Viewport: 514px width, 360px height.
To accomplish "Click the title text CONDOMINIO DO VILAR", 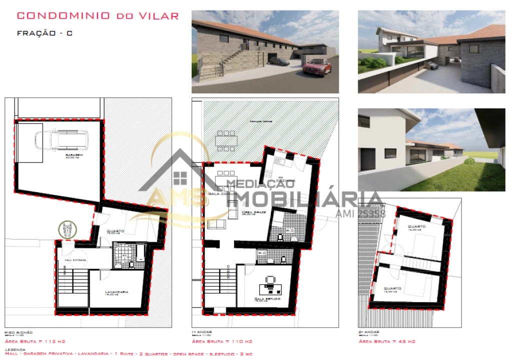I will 98,15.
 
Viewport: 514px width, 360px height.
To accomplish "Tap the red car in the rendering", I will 317,66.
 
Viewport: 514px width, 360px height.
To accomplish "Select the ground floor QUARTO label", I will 116,231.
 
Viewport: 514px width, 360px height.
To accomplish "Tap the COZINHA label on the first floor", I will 285,180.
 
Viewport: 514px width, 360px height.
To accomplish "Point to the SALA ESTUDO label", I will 267,298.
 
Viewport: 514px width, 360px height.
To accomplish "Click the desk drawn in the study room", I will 270,288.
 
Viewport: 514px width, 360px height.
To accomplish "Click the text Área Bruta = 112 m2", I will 35,341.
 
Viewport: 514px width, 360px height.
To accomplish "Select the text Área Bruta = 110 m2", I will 222,341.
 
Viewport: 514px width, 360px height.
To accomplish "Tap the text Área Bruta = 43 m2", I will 387,341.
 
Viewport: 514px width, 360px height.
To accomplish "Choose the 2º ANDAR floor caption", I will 369,332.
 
